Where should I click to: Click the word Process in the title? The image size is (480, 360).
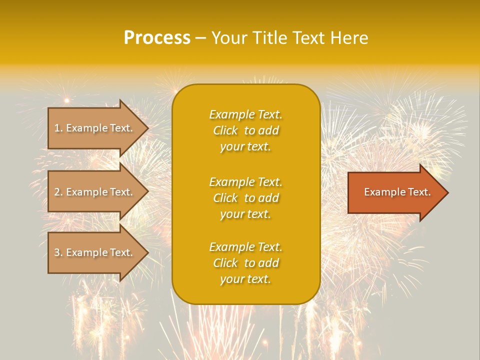coord(157,38)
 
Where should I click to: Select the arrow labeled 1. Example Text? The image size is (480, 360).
coord(95,128)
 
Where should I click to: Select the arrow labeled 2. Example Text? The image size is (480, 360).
coord(95,192)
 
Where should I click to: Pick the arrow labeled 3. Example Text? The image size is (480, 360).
coord(95,252)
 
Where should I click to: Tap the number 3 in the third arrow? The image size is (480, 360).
coord(57,253)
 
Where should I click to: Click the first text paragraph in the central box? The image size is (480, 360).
coord(245,130)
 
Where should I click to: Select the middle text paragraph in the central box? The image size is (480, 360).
coord(245,198)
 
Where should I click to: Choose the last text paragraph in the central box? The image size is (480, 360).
coord(245,263)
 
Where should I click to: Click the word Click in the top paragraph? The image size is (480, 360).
coord(225,131)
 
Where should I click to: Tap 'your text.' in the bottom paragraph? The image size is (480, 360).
coord(245,279)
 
